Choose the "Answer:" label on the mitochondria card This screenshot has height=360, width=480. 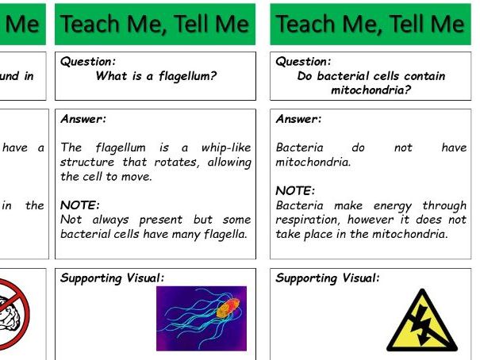299,119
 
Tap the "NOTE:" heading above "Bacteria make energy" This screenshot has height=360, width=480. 295,191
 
